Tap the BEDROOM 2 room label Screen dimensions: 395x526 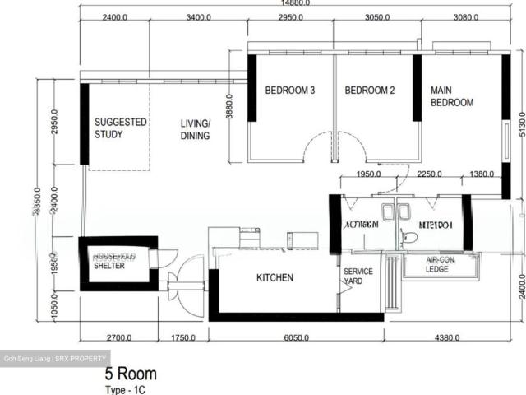tap(370, 91)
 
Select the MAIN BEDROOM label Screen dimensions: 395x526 tap(452, 96)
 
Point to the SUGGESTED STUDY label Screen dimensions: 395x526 tap(120, 128)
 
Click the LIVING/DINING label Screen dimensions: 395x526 tap(196, 129)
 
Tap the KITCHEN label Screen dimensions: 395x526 tap(275, 278)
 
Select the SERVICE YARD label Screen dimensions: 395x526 tap(358, 276)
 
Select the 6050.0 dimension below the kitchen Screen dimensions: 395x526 tap(296, 337)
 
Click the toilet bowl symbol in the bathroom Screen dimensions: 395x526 tap(410, 238)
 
